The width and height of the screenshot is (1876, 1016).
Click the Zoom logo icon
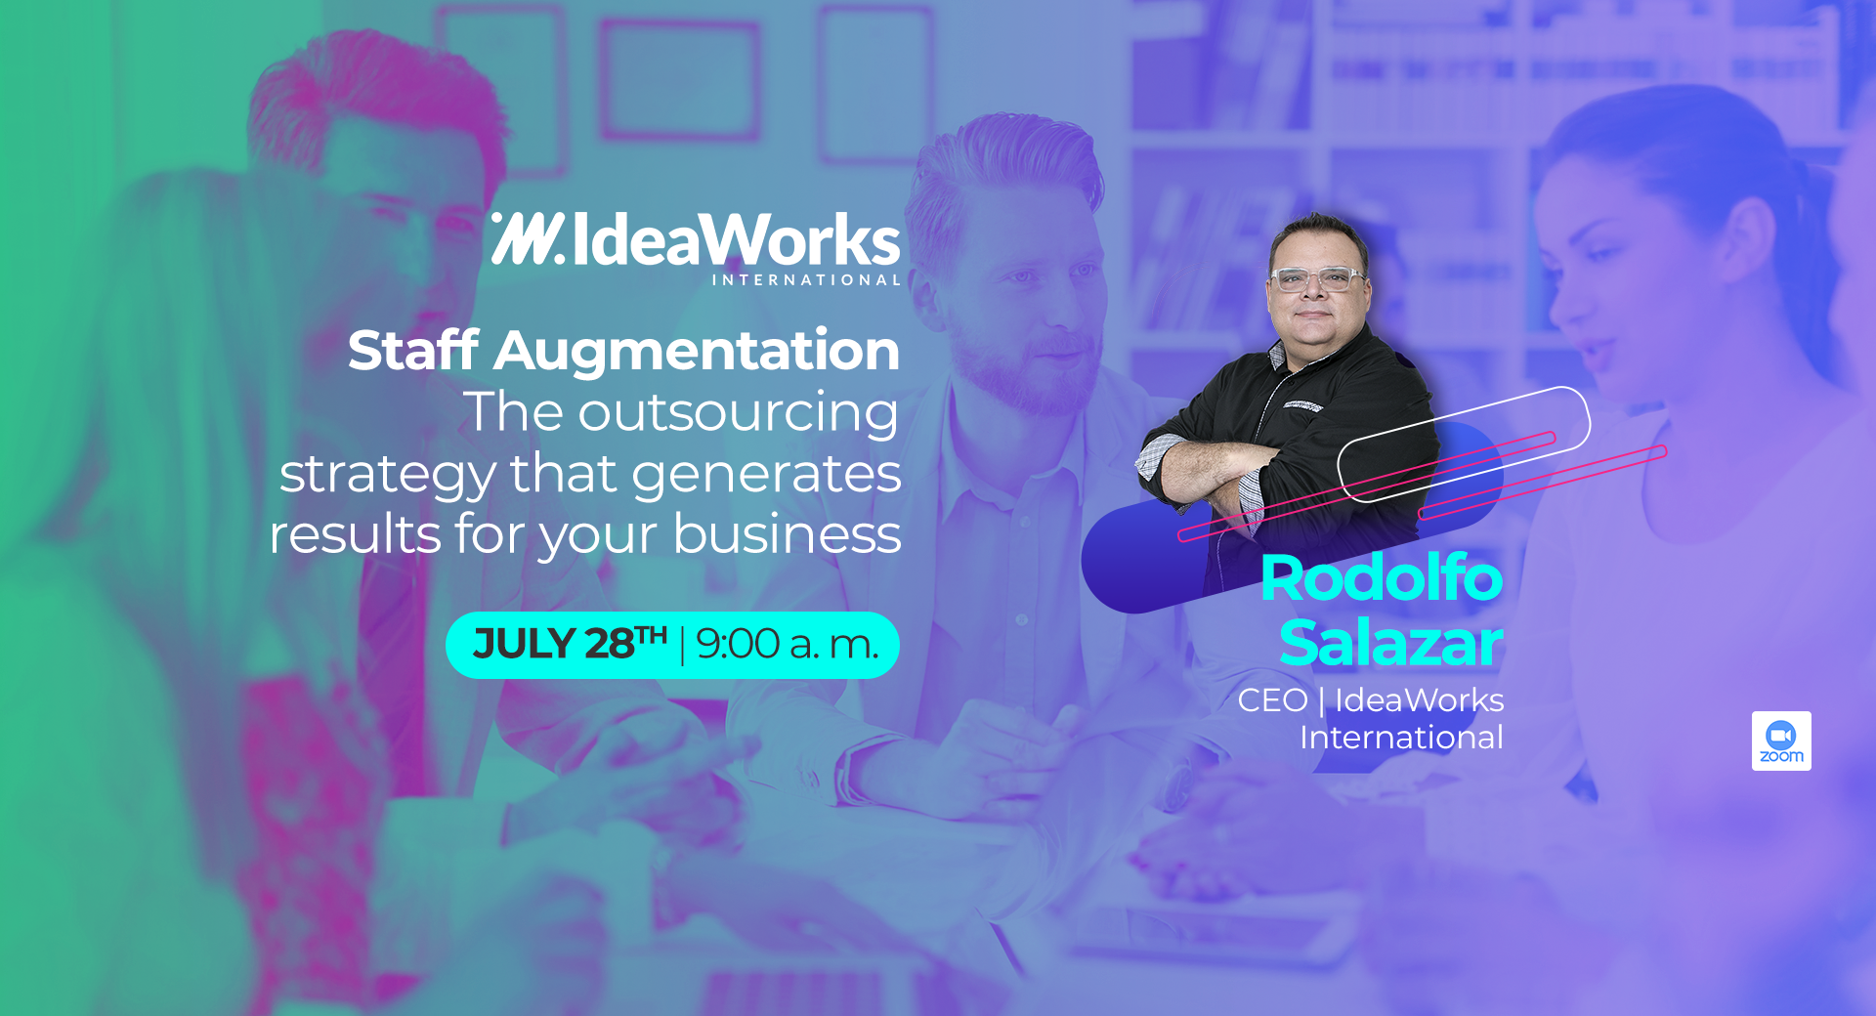[1781, 741]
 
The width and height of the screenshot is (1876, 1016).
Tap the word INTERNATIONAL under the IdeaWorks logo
[806, 280]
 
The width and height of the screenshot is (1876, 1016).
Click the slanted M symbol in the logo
[528, 238]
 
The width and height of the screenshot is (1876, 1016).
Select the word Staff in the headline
[413, 350]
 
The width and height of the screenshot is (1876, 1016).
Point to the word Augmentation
[697, 352]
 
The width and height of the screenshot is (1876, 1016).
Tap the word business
[787, 533]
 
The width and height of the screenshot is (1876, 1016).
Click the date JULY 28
[571, 644]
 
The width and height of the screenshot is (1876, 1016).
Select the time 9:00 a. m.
[788, 645]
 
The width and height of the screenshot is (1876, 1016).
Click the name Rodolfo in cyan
[1382, 578]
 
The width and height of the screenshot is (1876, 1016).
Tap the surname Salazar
[1391, 644]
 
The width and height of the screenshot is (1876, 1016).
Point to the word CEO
[1272, 700]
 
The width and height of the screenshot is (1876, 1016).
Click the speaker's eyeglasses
[1317, 278]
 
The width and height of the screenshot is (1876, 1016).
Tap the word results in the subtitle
[355, 534]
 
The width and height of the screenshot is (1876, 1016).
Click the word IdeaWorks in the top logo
[736, 240]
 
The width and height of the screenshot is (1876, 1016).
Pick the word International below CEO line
[1401, 738]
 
